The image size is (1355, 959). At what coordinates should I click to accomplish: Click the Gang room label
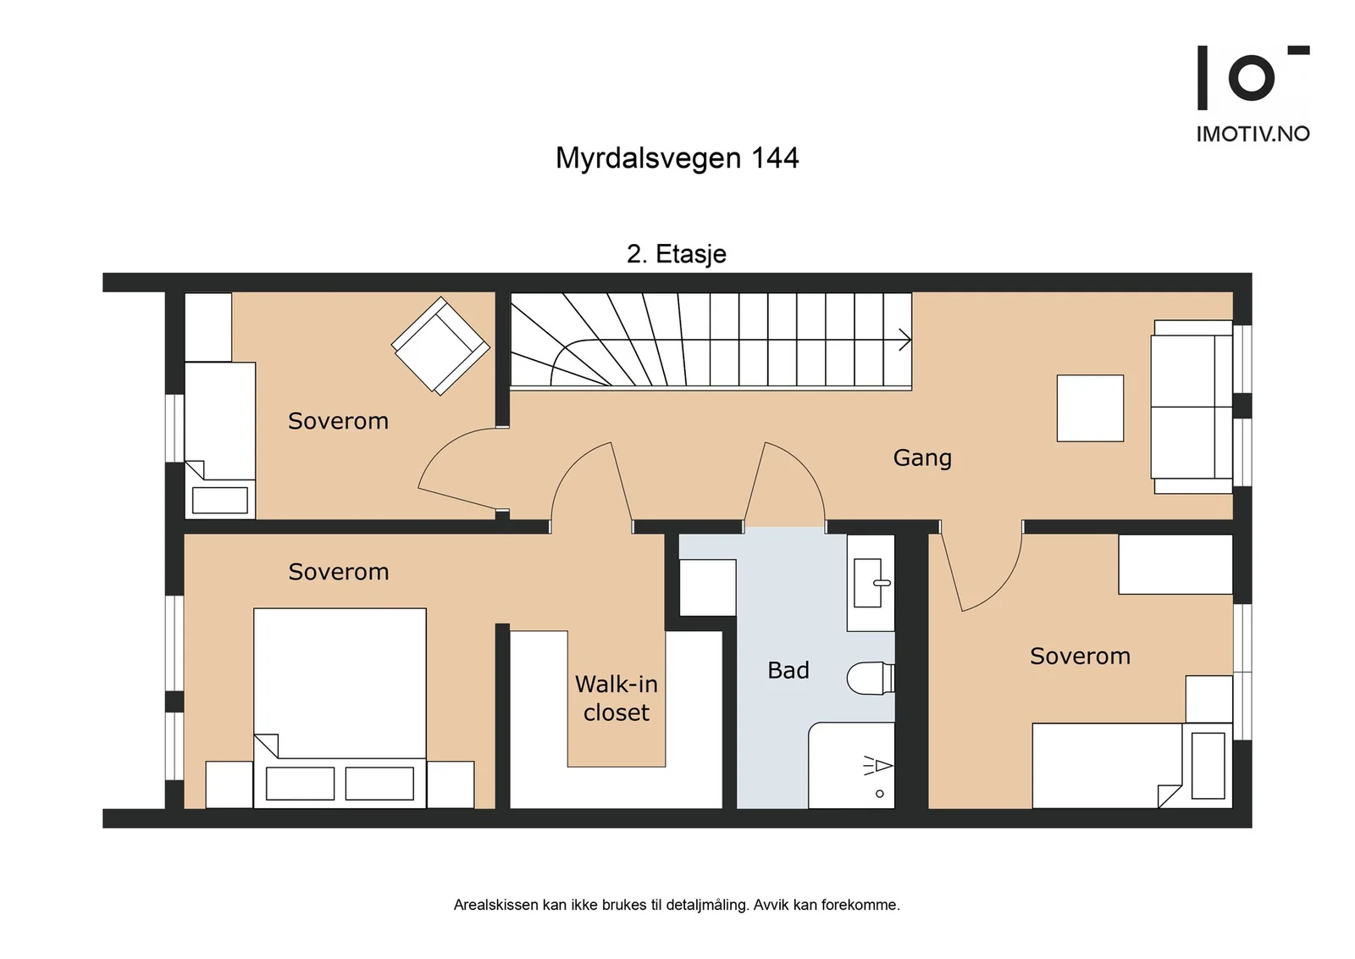(x=922, y=458)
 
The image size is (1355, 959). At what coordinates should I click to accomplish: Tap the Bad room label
(x=788, y=670)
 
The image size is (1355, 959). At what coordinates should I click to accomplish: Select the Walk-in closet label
(x=617, y=698)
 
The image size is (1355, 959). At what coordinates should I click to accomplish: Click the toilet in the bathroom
(x=871, y=679)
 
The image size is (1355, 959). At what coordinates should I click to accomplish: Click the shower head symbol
(x=877, y=766)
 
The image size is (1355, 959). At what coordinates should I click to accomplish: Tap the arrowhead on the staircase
(x=905, y=340)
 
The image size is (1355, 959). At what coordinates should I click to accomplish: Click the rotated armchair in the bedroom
(x=440, y=346)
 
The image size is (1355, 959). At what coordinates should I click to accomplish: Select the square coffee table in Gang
(x=1090, y=407)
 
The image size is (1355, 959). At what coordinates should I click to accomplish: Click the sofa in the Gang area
(x=1192, y=407)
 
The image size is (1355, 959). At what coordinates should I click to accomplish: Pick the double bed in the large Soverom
(x=340, y=708)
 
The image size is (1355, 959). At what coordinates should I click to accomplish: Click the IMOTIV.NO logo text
(x=1253, y=134)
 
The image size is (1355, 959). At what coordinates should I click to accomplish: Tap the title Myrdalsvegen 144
(x=677, y=158)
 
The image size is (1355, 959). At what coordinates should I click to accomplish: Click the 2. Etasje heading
(x=677, y=253)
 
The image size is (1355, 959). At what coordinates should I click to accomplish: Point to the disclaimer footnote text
(x=677, y=905)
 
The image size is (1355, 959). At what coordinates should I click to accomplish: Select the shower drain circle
(x=880, y=794)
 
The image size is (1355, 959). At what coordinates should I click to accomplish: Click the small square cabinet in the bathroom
(x=708, y=587)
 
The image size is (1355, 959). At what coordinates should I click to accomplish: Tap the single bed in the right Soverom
(x=1131, y=765)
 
